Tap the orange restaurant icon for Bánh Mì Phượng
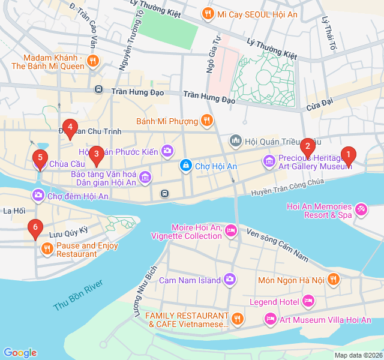pyautogui.click(x=206, y=121)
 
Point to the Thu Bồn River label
pyautogui.click(x=78, y=295)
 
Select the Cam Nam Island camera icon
pyautogui.click(x=230, y=279)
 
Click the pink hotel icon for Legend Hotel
pyautogui.click(x=308, y=299)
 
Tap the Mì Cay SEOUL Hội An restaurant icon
pyautogui.click(x=208, y=13)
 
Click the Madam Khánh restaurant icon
pyautogui.click(x=92, y=60)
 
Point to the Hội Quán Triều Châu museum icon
pyautogui.click(x=236, y=140)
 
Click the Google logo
pyautogui.click(x=20, y=352)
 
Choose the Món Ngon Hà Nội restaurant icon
pyautogui.click(x=334, y=279)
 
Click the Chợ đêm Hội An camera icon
pyautogui.click(x=38, y=195)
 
